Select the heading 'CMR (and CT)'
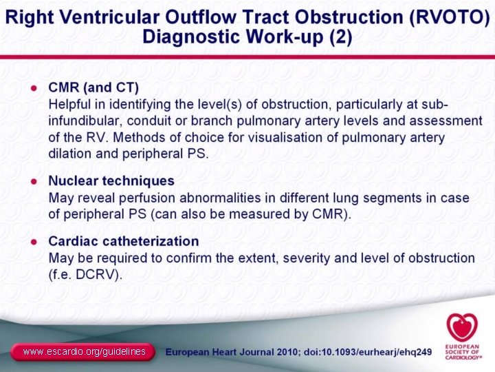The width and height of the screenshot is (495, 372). (x=93, y=88)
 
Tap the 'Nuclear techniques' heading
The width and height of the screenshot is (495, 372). (x=111, y=181)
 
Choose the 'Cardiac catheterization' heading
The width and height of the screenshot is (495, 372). (x=124, y=242)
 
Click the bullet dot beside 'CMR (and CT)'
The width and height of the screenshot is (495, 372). (x=32, y=89)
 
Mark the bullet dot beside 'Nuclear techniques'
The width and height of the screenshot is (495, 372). (x=32, y=182)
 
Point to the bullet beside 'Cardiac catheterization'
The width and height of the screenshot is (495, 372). (x=32, y=242)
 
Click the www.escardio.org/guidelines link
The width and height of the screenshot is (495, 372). (x=84, y=352)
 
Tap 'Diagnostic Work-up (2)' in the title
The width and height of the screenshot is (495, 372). (x=247, y=37)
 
